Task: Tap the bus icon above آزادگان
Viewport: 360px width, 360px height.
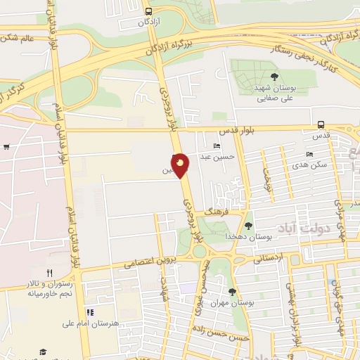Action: pos(148,11)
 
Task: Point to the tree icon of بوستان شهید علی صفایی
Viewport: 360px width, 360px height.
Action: pos(274,77)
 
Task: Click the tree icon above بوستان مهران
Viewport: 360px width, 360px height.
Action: pos(232,291)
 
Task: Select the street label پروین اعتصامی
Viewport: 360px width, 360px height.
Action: pos(148,262)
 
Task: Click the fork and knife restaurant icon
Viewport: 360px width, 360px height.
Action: pos(49,273)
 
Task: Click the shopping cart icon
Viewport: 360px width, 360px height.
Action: pos(6,147)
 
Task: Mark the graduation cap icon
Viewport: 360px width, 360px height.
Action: pos(43,351)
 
